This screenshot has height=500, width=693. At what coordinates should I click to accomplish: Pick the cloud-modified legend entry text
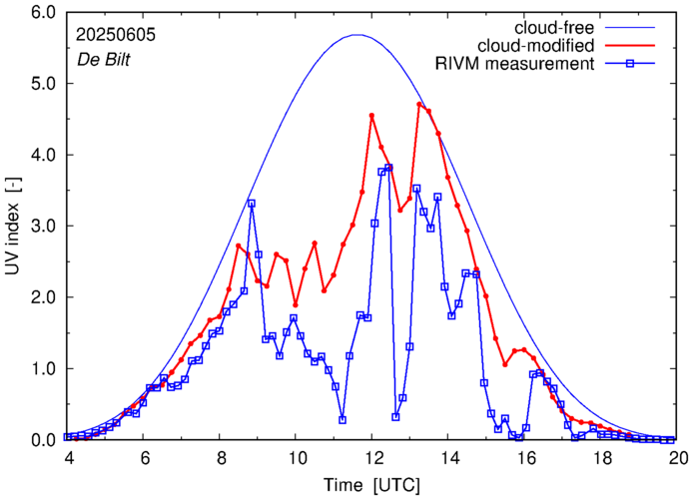click(536, 46)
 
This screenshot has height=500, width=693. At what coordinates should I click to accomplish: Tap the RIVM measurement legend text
click(515, 65)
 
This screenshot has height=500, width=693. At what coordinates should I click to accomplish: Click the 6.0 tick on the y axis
click(43, 13)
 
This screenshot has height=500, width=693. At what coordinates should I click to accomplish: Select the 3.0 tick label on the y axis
click(43, 227)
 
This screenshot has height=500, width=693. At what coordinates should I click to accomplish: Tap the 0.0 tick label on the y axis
click(43, 440)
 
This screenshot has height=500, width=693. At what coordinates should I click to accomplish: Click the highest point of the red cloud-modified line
click(420, 104)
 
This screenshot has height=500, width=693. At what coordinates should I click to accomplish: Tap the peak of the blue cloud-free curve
click(357, 35)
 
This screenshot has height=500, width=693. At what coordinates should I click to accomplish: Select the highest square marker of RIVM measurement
click(388, 168)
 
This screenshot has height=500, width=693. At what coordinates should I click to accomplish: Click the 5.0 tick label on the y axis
click(43, 84)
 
